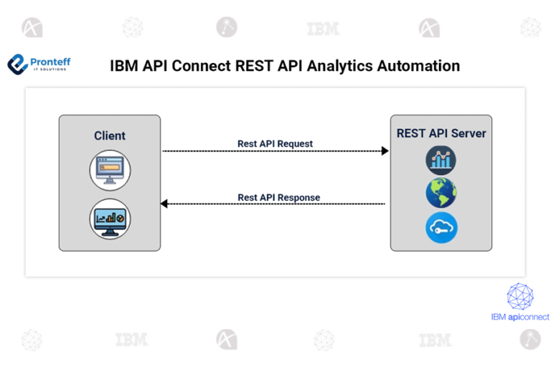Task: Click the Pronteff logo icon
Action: click(x=17, y=65)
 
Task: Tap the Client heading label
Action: click(x=110, y=135)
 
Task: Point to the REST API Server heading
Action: click(x=441, y=133)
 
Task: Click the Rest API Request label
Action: click(x=275, y=143)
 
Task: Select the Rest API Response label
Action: click(x=278, y=197)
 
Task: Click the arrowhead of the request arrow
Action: click(x=385, y=151)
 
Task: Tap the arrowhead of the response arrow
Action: click(x=164, y=204)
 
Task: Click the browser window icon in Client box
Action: click(x=110, y=168)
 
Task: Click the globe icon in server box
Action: click(x=441, y=194)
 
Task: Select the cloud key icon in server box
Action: click(x=441, y=227)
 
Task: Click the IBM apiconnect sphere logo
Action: click(x=520, y=296)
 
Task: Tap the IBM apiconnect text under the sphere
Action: click(x=520, y=316)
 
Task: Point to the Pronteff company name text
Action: click(x=50, y=62)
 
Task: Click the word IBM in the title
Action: click(x=123, y=66)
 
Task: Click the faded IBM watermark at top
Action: click(x=323, y=29)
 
